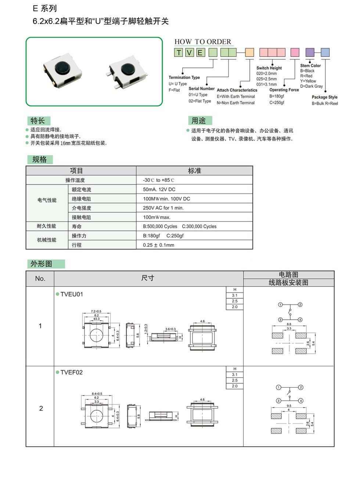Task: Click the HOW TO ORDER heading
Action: click(x=202, y=42)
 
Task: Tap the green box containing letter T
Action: click(x=179, y=53)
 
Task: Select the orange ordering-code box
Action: click(x=249, y=53)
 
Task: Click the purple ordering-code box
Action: click(x=310, y=53)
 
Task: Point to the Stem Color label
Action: click(x=310, y=66)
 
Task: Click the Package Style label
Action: click(x=324, y=97)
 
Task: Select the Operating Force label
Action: click(x=284, y=90)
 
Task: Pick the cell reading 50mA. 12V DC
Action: click(x=159, y=190)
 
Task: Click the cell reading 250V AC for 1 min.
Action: click(x=163, y=208)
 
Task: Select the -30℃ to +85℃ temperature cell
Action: click(x=158, y=180)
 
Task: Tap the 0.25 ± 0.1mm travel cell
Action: click(x=158, y=245)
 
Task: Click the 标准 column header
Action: click(x=194, y=171)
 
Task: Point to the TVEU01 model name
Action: click(x=72, y=294)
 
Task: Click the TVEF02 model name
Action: click(x=72, y=372)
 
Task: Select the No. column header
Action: click(x=40, y=279)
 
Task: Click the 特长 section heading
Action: click(x=38, y=121)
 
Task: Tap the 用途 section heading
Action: click(x=199, y=121)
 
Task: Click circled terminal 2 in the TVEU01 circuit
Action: click(x=300, y=304)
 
